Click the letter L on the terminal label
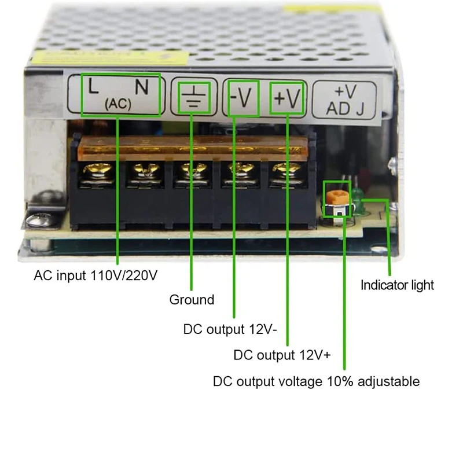coord(93,87)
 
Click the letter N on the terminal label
coord(142,87)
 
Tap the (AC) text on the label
coord(119,105)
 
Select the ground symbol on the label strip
coord(192,97)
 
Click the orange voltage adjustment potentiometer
coord(336,198)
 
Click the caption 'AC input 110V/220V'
coord(95,275)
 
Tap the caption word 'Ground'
coord(192,300)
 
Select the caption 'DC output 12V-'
coord(230,330)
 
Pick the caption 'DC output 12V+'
coord(282,355)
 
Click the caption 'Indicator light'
coord(397,285)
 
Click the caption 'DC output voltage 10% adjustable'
coord(316,382)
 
